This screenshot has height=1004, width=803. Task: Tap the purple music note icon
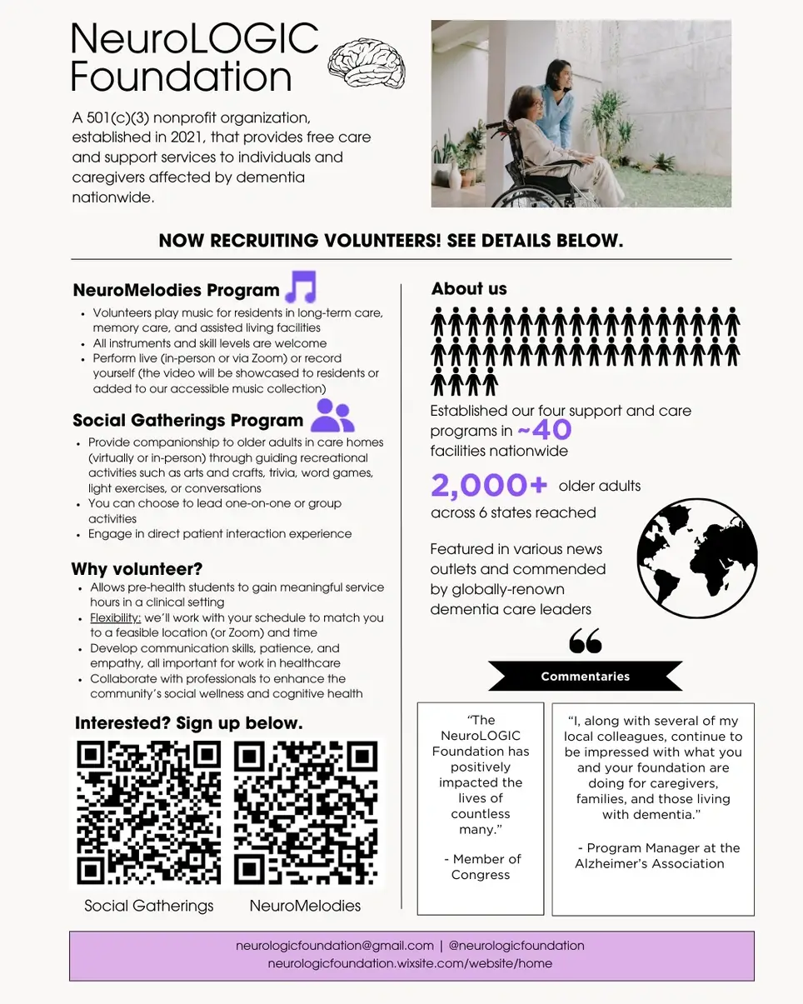coord(301,287)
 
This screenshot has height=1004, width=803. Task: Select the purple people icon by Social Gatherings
coord(332,415)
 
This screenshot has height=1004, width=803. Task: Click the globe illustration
coord(697,558)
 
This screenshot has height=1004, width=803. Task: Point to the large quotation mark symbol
coord(585,641)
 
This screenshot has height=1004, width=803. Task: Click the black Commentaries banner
coord(585,676)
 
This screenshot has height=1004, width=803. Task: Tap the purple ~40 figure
coord(544,431)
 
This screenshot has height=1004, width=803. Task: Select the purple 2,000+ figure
coord(490,486)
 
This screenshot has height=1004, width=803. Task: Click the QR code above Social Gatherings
coord(149,812)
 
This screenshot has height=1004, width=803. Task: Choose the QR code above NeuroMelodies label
coord(306,812)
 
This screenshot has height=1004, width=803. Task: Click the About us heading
coord(469,289)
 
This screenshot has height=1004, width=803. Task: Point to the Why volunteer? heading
coord(137,570)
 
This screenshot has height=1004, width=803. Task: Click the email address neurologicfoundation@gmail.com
coord(335,946)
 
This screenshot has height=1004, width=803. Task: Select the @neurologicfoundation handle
coord(516,946)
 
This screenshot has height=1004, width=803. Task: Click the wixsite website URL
coord(410,964)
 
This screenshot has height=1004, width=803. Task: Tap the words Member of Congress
coord(481,867)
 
